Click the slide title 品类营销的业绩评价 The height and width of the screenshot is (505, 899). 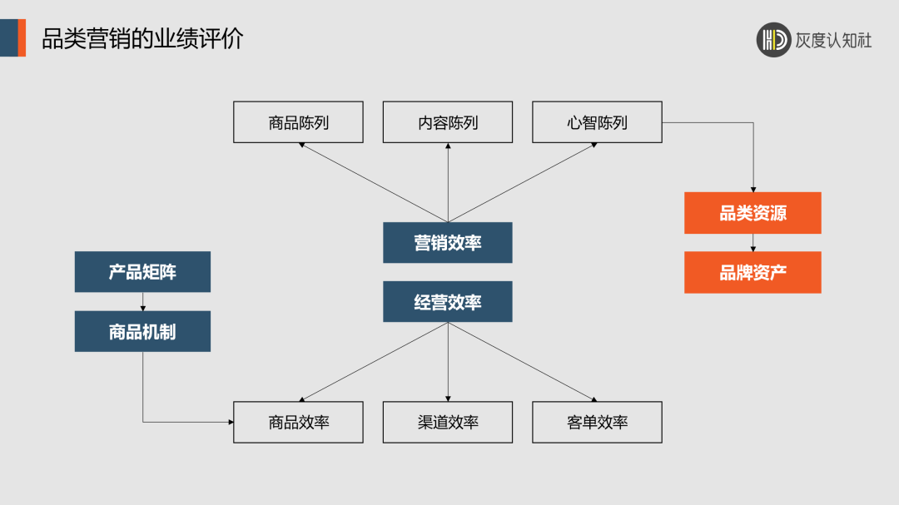pos(142,38)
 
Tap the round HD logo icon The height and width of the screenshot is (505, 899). pos(773,39)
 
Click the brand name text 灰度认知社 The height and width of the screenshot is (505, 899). pos(833,40)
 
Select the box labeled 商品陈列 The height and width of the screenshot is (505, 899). pos(298,122)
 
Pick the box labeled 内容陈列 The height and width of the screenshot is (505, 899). pos(448,122)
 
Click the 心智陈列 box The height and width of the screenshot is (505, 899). pos(597,122)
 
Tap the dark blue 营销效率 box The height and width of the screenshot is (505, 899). pos(448,243)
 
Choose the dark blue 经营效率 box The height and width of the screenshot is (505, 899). pos(448,302)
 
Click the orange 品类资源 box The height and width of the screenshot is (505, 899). pos(752,213)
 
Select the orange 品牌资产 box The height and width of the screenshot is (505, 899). pos(752,273)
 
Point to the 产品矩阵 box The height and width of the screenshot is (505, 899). pos(142,272)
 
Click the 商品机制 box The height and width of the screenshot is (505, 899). pos(142,331)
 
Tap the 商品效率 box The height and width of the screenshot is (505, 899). pos(298,422)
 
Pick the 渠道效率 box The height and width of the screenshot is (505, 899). pos(448,422)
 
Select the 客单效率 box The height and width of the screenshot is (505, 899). pos(597,422)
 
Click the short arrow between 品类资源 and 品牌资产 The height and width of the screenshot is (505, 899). pos(752,243)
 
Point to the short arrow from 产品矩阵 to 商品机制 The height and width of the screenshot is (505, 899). pos(142,301)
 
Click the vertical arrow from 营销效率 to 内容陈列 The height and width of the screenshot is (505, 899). pos(448,183)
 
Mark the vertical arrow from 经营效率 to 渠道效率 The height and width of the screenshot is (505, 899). pos(448,362)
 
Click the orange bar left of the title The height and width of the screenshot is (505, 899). pos(22,38)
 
